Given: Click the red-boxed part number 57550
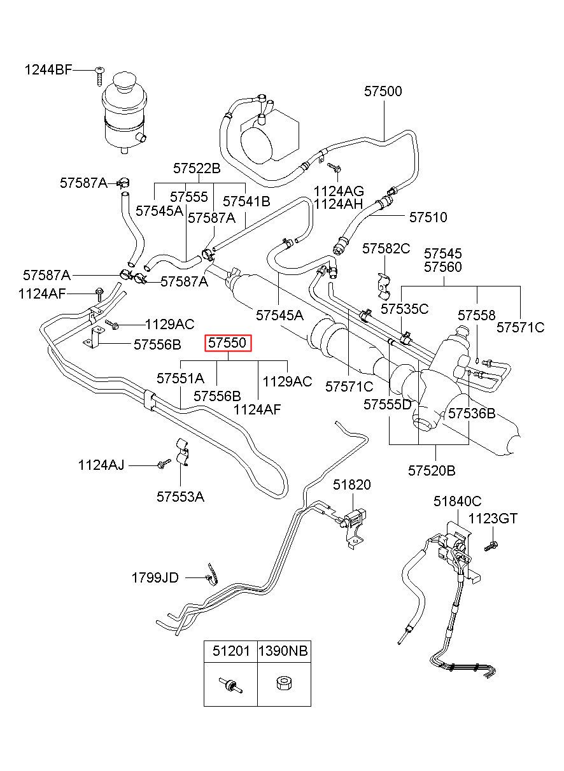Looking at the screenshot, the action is pos(228,343).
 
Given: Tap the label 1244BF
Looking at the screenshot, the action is pos(48,70).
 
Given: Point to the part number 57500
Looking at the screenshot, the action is pos(383,91).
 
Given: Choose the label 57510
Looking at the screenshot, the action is pos(428,217).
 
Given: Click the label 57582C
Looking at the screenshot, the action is pos(386,248).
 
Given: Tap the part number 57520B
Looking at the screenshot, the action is pos(432,470).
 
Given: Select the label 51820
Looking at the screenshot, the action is pos(351,485).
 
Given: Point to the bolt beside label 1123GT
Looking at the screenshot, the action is pos(491,546).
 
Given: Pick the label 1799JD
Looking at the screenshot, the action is pos(155,577).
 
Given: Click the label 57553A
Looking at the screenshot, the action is pos(180,497).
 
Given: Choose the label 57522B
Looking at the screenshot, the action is pos(197,169).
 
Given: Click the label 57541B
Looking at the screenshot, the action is pos(246,202).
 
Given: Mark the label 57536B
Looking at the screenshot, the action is pos(472,413).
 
